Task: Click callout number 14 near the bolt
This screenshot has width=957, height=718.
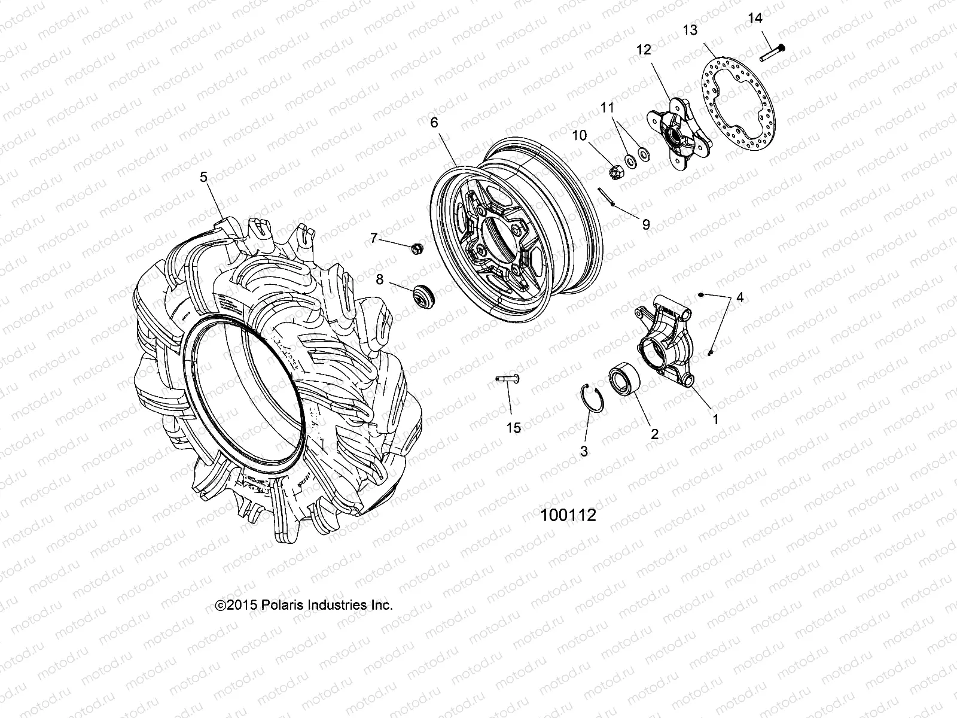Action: tap(755, 19)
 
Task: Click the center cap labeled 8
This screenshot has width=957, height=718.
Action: tap(424, 296)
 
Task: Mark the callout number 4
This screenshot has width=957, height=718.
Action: tap(740, 297)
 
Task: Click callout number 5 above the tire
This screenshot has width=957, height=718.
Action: tap(203, 177)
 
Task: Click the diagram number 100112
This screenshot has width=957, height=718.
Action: tap(568, 515)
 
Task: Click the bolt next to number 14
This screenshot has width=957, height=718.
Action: tap(772, 53)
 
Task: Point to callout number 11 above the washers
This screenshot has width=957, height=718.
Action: tap(608, 108)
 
